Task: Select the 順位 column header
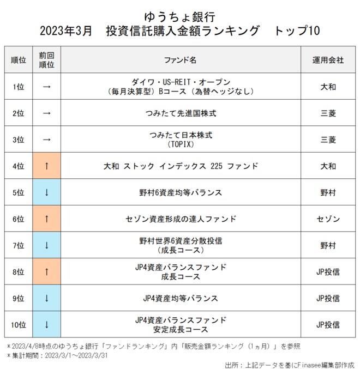(x=18, y=60)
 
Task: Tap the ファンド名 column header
(x=180, y=60)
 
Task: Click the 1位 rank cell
(x=18, y=86)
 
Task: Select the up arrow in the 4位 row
(x=46, y=166)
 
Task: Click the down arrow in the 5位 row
(x=46, y=192)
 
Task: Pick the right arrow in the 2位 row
(x=46, y=113)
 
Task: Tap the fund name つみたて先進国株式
(x=180, y=113)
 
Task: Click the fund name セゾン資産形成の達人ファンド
(x=180, y=219)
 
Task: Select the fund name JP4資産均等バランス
(x=180, y=298)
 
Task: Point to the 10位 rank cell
(x=18, y=325)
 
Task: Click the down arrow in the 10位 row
(x=46, y=325)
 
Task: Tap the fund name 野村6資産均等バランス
(x=180, y=192)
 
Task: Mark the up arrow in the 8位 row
(x=46, y=272)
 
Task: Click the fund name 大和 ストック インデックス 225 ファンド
(x=180, y=166)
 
